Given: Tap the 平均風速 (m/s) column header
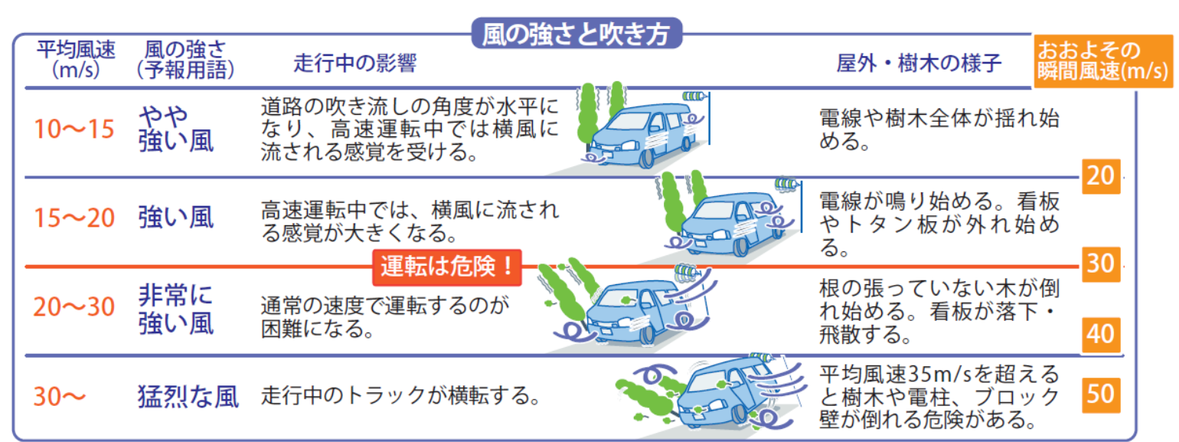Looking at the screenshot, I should coord(77,60).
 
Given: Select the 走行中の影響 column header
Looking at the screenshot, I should coord(354,64).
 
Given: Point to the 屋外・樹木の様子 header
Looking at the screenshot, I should coord(919,64).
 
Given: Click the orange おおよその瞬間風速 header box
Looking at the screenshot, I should coord(1101,61).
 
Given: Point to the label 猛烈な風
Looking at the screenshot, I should coord(188,396).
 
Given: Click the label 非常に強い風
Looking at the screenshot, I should coord(175,308).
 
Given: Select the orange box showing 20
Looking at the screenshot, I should coord(1100,177).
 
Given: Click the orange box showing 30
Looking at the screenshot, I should coord(1100,264).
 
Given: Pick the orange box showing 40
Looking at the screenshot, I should coord(1100,335).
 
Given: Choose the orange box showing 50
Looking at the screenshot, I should coord(1100,394).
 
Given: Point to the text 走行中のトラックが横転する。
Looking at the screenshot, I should coord(397,397).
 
